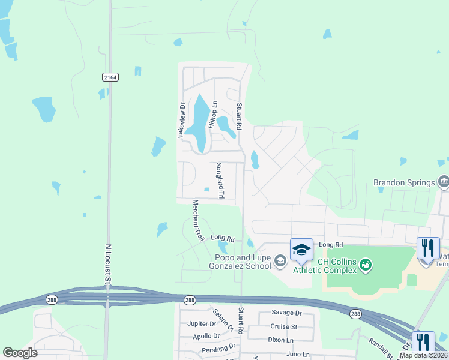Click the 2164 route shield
click(x=110, y=77)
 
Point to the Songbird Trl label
click(x=220, y=181)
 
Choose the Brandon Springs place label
click(x=403, y=182)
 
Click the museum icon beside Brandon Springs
click(x=443, y=181)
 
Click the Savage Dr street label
click(x=286, y=313)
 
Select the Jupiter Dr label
click(x=201, y=323)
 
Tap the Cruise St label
click(x=283, y=326)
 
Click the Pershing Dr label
click(x=219, y=347)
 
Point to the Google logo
click(x=20, y=353)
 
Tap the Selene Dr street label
click(x=223, y=320)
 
